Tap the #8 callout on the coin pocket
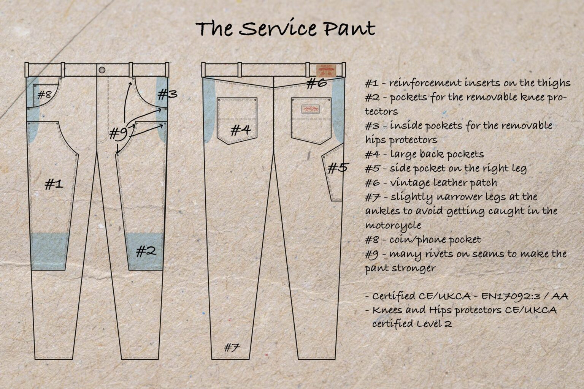44,94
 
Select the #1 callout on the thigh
54,185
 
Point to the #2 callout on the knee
146,251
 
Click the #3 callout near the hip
167,93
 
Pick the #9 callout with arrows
118,134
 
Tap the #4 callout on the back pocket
241,131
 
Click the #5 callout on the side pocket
337,168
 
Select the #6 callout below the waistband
317,82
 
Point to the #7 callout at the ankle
232,347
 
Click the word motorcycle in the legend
393,225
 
